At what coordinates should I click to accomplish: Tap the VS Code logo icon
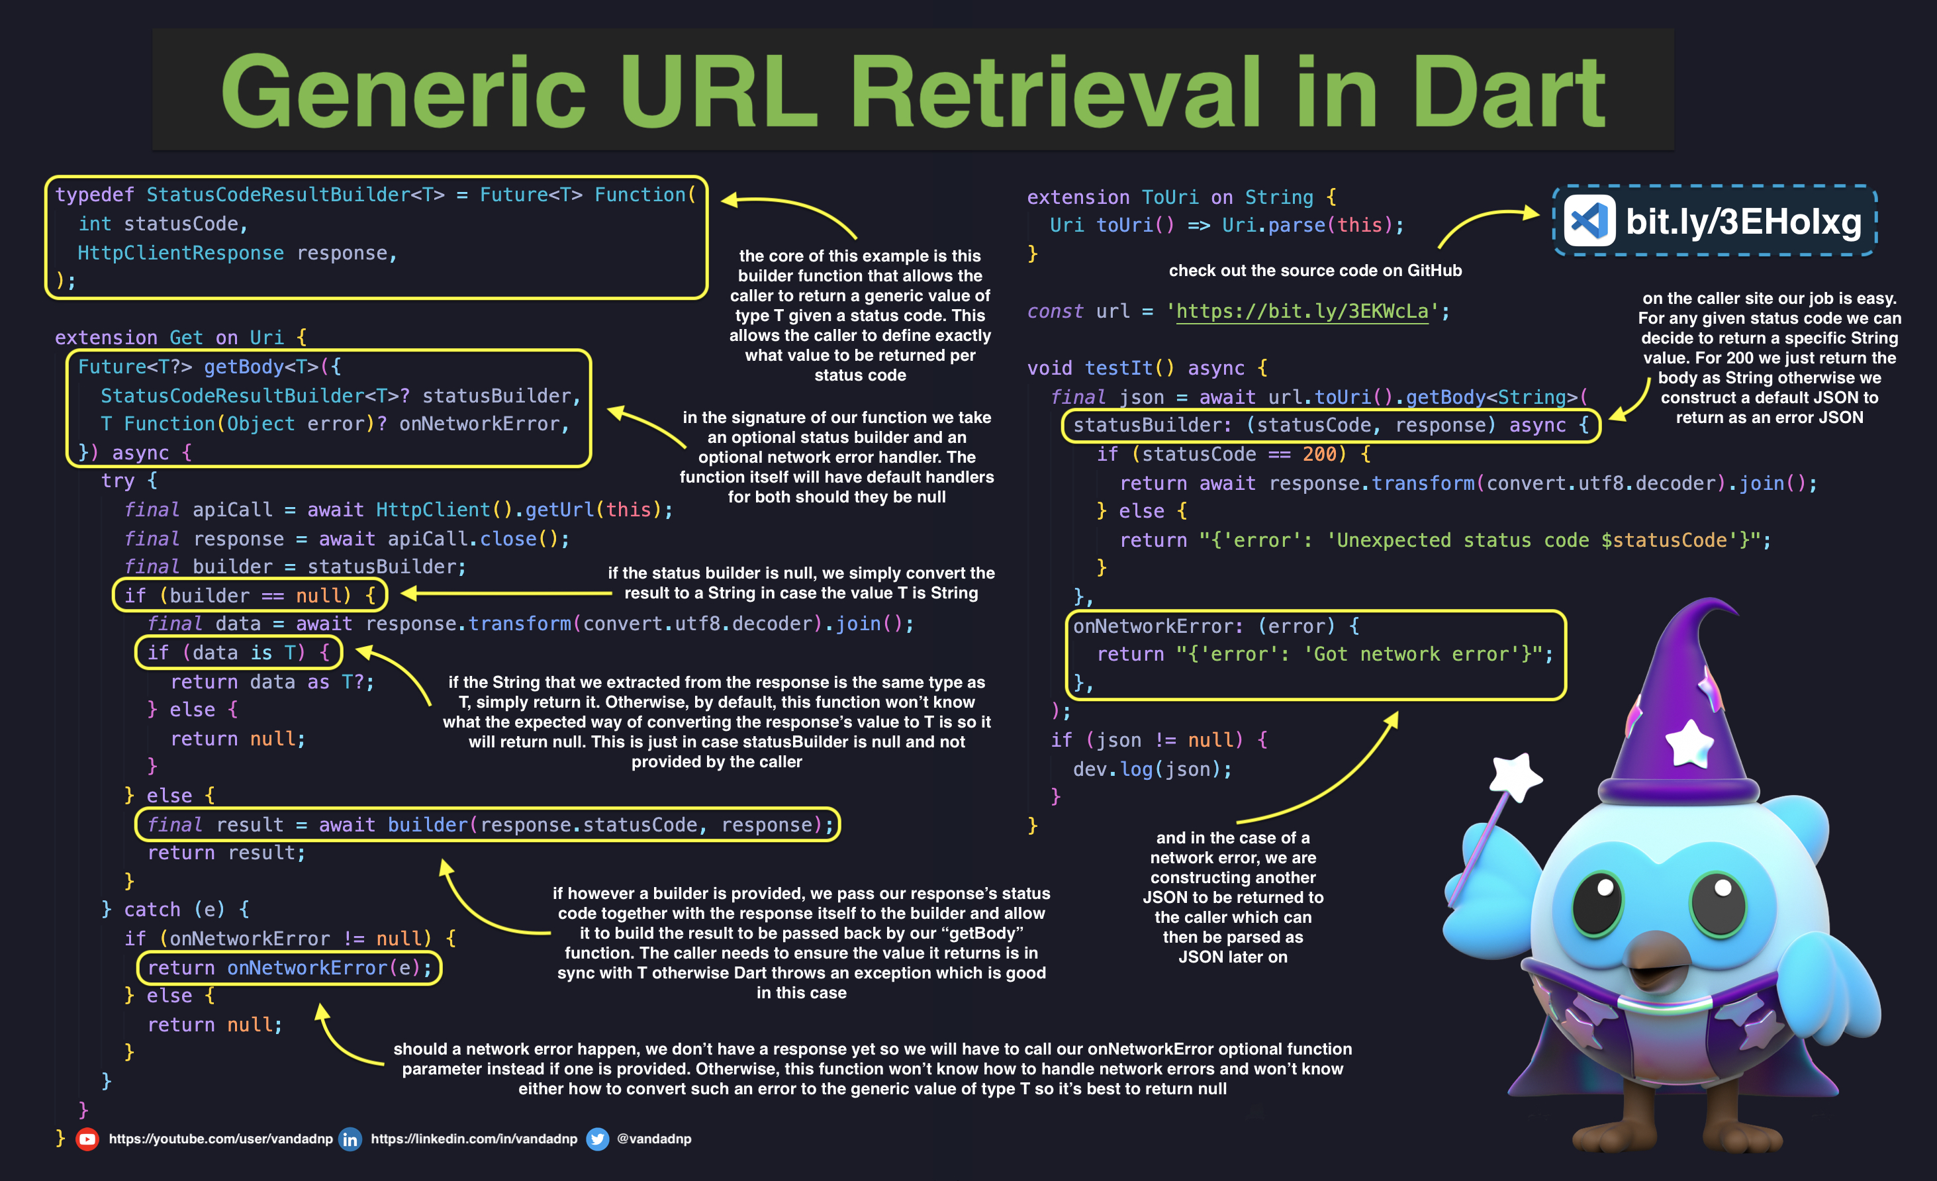[1589, 221]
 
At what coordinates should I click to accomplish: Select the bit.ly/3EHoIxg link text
[1743, 222]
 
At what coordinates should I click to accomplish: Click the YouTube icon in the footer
[87, 1139]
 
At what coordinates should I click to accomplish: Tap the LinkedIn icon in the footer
[350, 1139]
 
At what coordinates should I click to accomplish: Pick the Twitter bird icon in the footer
[597, 1139]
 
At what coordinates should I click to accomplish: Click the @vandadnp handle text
[654, 1139]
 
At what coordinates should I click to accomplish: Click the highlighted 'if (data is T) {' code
[238, 653]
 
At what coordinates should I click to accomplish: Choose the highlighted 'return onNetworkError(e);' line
[289, 968]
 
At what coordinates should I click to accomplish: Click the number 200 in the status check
[1319, 455]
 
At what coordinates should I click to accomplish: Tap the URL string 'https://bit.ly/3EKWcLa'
[1301, 311]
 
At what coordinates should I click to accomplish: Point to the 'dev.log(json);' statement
[1152, 769]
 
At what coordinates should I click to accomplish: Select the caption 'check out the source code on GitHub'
[1315, 271]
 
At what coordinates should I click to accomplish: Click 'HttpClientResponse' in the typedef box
[180, 253]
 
